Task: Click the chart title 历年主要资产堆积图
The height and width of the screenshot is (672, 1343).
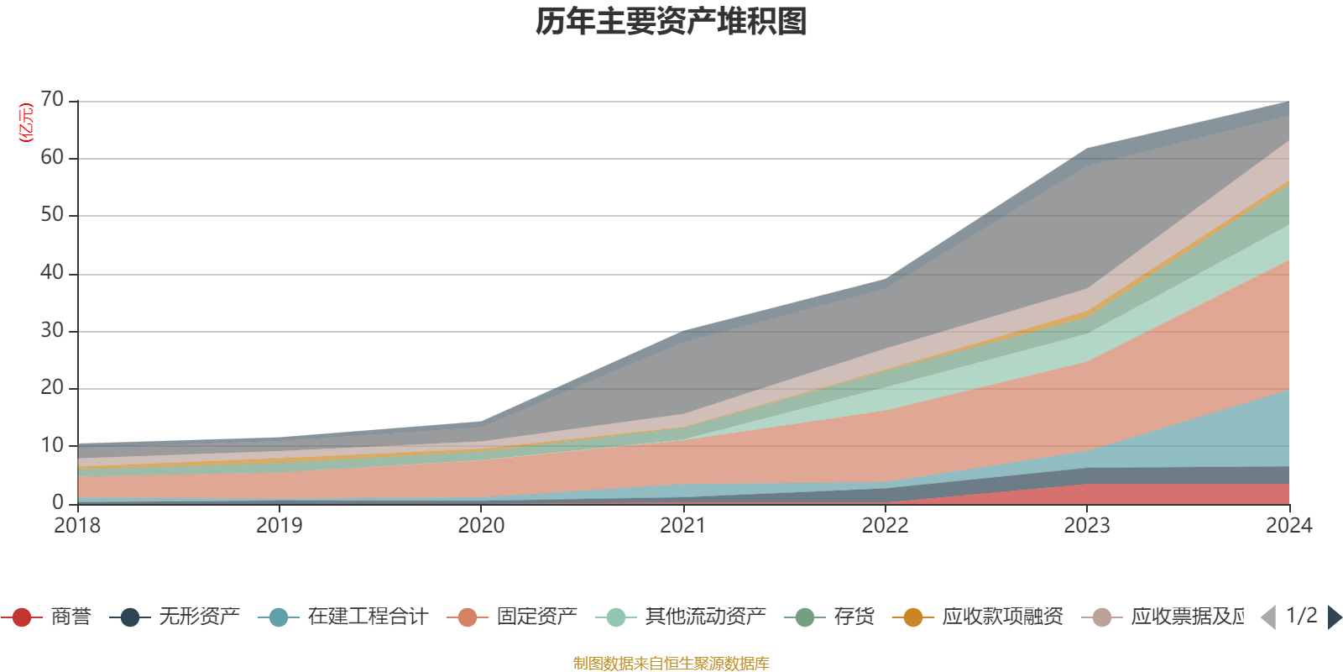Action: (671, 22)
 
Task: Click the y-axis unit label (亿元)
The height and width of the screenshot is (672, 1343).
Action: (26, 123)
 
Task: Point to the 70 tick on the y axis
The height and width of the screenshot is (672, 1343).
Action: (52, 100)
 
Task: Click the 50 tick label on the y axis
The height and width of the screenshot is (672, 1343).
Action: (52, 215)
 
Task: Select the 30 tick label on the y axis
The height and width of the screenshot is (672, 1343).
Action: (52, 330)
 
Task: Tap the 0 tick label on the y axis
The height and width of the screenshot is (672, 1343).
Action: (58, 502)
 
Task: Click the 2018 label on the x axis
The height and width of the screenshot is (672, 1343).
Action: (77, 526)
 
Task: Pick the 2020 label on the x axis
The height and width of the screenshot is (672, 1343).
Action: (481, 526)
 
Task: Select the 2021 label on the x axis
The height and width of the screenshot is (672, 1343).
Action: (683, 526)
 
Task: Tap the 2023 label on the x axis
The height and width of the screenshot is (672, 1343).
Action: (1087, 526)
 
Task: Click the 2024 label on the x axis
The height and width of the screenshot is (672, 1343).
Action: (1288, 526)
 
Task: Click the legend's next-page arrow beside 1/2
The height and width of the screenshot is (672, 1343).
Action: (1334, 617)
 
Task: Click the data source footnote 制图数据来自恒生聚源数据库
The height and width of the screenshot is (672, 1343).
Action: (671, 664)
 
